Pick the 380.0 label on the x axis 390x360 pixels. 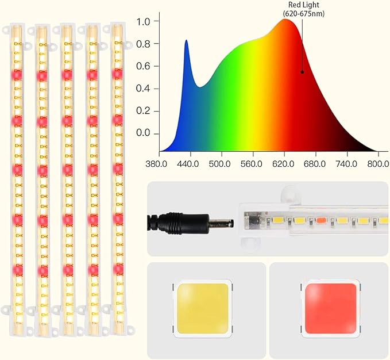157,163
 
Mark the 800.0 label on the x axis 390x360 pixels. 378,163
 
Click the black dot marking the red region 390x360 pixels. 302,72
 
